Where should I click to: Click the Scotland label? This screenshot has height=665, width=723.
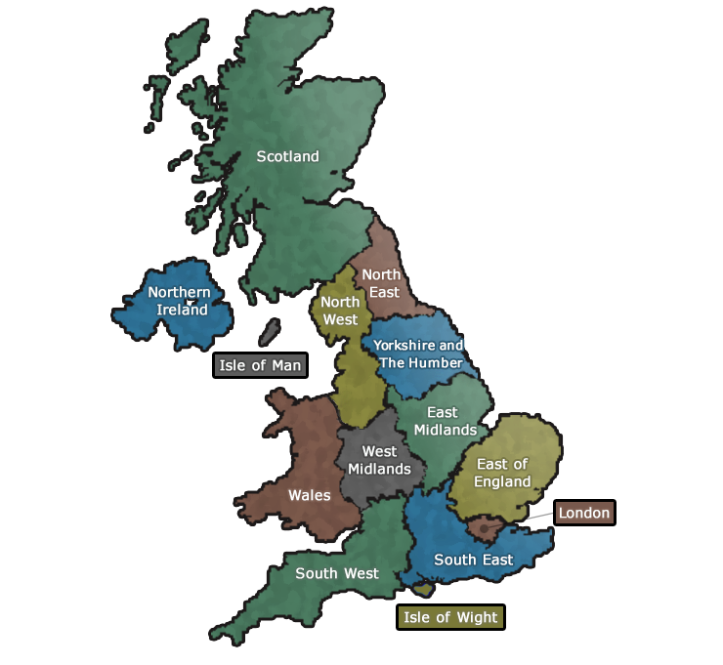pyautogui.click(x=287, y=156)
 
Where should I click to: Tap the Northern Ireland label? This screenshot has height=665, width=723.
pyautogui.click(x=179, y=301)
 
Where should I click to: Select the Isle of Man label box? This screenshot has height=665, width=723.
pyautogui.click(x=260, y=366)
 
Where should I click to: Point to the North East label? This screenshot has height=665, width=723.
pyautogui.click(x=381, y=283)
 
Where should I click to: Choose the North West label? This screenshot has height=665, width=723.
pyautogui.click(x=340, y=310)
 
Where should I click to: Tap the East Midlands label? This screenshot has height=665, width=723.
pyautogui.click(x=445, y=421)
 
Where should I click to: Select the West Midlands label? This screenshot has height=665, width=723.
pyautogui.click(x=379, y=460)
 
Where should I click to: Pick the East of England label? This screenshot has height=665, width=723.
pyautogui.click(x=502, y=473)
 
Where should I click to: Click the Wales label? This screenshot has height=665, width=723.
pyautogui.click(x=309, y=495)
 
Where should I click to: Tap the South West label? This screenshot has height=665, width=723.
pyautogui.click(x=337, y=573)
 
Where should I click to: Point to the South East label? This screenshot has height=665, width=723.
pyautogui.click(x=473, y=560)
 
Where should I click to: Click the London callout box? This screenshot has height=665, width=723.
pyautogui.click(x=584, y=513)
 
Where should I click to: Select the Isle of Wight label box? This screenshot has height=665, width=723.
pyautogui.click(x=450, y=617)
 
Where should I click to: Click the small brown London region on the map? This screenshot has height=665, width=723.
pyautogui.click(x=482, y=528)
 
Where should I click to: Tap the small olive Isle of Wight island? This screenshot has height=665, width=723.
pyautogui.click(x=423, y=589)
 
